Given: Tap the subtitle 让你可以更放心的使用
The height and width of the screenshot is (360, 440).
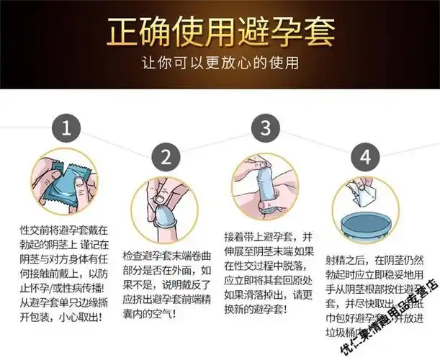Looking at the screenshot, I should pos(220,64).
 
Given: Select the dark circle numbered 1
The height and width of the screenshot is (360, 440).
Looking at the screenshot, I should pos(66,130).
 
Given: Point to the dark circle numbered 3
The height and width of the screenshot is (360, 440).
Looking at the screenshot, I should pos(265,130).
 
